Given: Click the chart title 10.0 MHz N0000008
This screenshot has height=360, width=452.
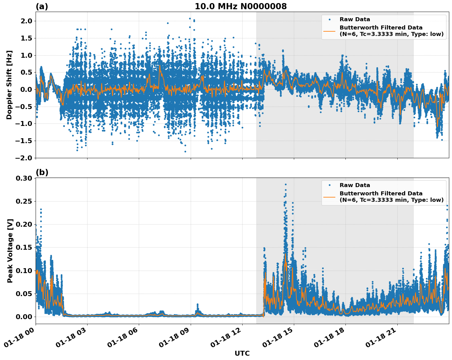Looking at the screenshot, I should (241, 6).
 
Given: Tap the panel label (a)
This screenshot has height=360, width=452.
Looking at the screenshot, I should (42, 6).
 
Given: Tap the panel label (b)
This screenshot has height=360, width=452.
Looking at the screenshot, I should (42, 172).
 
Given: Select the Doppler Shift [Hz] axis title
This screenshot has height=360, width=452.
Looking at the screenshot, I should (9, 85).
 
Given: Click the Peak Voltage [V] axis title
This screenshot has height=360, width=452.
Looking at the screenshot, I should (10, 251).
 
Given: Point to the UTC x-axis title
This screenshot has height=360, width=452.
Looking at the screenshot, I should (242, 353).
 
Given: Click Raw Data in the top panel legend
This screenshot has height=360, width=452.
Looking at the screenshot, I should (355, 19).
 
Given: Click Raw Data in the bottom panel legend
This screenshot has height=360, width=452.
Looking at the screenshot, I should (355, 185).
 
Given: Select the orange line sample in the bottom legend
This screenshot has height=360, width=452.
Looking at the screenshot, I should (329, 197).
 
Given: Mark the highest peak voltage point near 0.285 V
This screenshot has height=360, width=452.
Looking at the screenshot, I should (286, 184).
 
